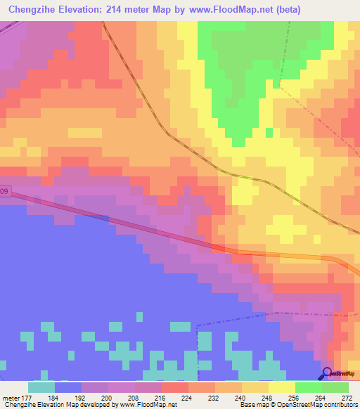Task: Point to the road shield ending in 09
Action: (x=5, y=190)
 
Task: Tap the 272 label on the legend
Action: (x=346, y=397)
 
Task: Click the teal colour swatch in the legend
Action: (x=41, y=387)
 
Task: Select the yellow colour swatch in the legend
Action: (x=281, y=387)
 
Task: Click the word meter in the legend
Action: (x=11, y=397)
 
